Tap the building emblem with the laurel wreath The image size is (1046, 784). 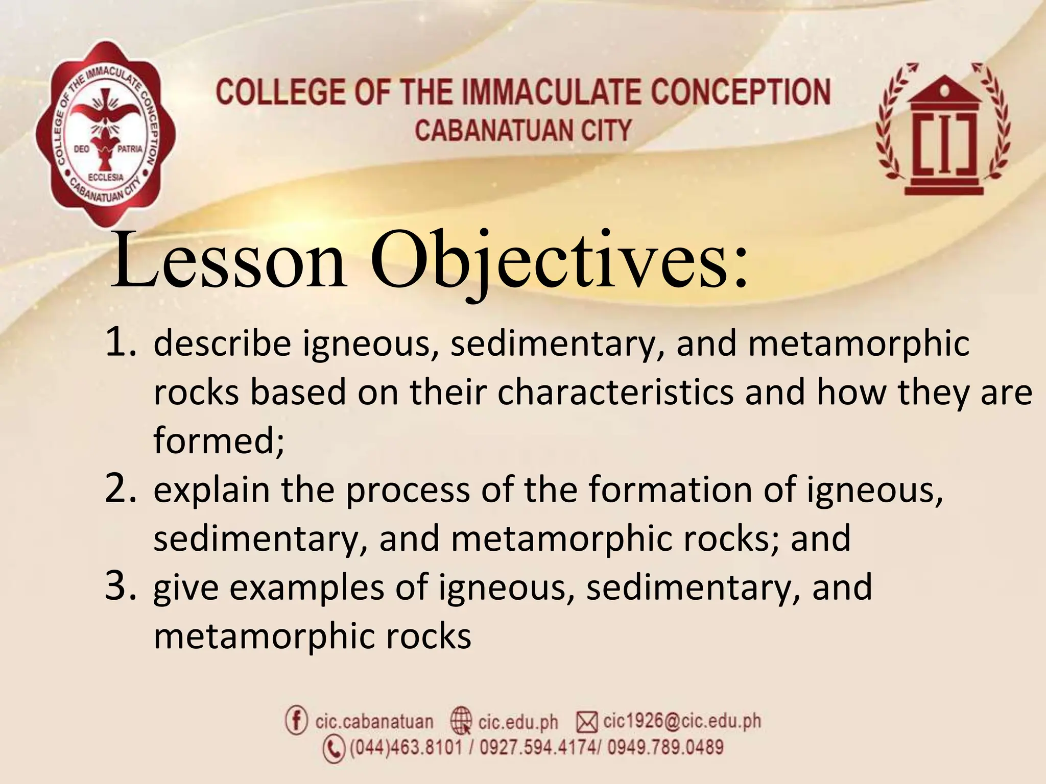tap(943, 130)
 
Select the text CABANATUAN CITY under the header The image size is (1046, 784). tap(522, 130)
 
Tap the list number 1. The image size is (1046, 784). tap(121, 342)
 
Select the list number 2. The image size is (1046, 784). tap(121, 488)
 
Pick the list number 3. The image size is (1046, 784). tap(121, 586)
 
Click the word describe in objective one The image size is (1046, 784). tap(222, 343)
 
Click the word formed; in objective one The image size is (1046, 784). tap(219, 440)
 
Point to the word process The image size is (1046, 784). tap(408, 489)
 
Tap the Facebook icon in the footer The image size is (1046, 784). tap(296, 720)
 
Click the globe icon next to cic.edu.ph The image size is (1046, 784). tap(461, 721)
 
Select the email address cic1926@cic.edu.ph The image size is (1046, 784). tap(682, 721)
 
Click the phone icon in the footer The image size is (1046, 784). tap(334, 749)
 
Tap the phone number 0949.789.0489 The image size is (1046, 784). tap(665, 748)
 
